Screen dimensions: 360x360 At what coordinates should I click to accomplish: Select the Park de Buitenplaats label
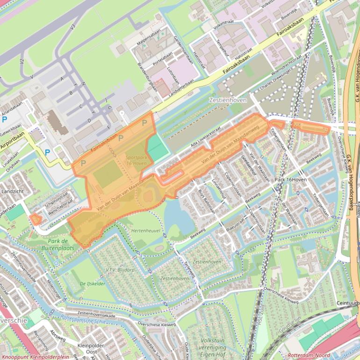(58, 245)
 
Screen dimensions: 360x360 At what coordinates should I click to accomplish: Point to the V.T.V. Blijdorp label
(120, 270)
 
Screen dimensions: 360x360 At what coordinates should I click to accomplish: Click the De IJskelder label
(93, 284)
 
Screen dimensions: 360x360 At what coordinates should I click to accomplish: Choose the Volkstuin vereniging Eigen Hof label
(213, 347)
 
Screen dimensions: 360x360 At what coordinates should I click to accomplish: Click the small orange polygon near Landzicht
(35, 218)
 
